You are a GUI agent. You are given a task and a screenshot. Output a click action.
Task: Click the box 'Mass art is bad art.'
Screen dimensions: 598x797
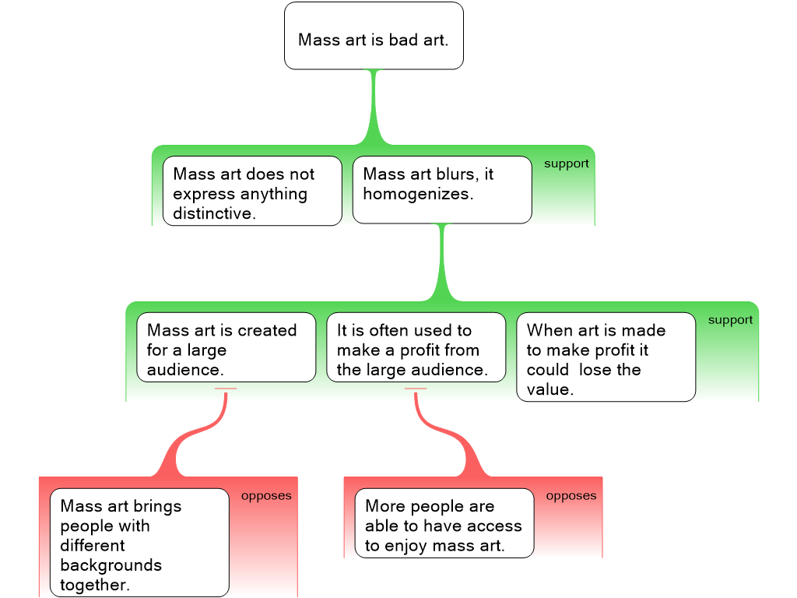point(374,36)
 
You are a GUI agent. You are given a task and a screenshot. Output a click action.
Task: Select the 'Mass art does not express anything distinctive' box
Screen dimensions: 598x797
point(251,191)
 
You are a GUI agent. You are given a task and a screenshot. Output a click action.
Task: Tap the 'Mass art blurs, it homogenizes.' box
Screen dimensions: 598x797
point(441,190)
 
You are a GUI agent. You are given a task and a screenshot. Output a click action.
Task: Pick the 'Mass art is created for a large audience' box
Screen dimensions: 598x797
point(226,347)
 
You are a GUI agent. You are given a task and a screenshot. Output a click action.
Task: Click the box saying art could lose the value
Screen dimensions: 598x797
point(606,357)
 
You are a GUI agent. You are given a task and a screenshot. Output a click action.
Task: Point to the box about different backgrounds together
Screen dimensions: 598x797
point(139,543)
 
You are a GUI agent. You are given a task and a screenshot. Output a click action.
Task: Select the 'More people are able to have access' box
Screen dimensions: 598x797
point(444,523)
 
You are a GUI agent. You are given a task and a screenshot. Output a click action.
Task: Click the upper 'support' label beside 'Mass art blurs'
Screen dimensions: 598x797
point(566,164)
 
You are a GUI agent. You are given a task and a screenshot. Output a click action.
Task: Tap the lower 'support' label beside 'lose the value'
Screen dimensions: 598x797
point(730,320)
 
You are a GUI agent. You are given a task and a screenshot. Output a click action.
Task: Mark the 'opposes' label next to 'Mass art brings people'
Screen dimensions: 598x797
point(266,496)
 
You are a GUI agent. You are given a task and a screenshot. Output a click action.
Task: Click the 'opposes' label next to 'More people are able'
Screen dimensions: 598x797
point(571,496)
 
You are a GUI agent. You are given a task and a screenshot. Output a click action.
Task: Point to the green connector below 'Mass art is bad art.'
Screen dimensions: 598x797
point(374,109)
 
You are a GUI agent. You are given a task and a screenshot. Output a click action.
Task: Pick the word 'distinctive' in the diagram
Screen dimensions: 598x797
point(213,213)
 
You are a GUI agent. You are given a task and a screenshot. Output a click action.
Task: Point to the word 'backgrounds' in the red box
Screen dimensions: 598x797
point(111,565)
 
